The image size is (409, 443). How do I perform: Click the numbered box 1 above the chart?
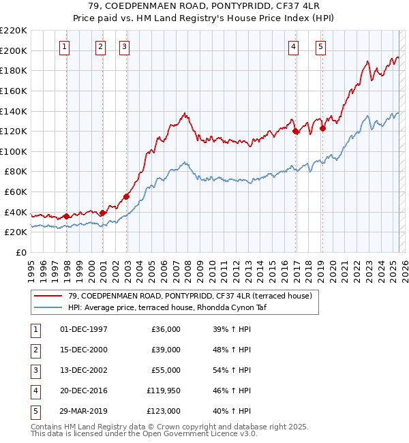pyautogui.click(x=63, y=47)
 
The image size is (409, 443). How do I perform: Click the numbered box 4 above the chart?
pyautogui.click(x=292, y=47)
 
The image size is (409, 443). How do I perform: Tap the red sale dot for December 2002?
pyautogui.click(x=126, y=197)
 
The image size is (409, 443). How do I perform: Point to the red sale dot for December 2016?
pyautogui.click(x=296, y=132)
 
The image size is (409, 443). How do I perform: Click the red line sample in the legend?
pyautogui.click(x=48, y=296)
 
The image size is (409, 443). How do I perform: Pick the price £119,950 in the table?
pyautogui.click(x=163, y=391)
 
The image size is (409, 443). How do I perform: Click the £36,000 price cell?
pyautogui.click(x=166, y=329)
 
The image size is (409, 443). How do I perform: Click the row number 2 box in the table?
pyautogui.click(x=34, y=350)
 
